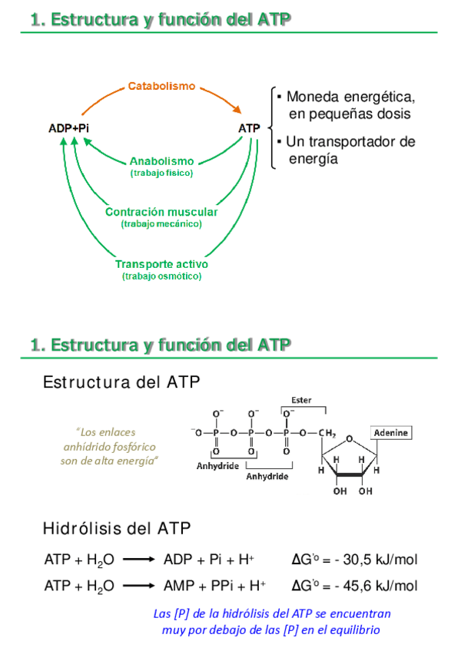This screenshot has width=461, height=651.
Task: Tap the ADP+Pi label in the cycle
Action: (69, 127)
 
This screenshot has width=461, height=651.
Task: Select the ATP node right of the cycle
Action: (250, 127)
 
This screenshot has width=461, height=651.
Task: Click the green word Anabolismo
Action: (161, 161)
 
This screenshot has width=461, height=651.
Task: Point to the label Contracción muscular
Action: (161, 212)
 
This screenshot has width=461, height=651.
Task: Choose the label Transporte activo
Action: (161, 264)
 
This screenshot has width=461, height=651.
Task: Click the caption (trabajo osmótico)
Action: (161, 276)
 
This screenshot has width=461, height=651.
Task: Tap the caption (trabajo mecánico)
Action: (161, 224)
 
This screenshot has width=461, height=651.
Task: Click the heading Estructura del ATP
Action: (123, 382)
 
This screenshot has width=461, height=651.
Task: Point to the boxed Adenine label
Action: (391, 433)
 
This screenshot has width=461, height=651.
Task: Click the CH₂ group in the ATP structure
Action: (327, 433)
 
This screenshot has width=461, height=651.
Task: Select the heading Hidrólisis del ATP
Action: (117, 528)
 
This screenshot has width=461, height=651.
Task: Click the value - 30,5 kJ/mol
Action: (373, 560)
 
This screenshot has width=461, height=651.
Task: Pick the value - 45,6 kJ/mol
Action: (373, 586)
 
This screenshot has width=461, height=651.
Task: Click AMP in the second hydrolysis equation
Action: (178, 586)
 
